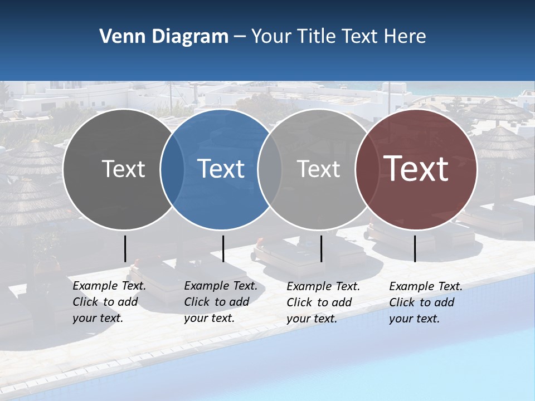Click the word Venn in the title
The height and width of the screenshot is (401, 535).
coord(118,37)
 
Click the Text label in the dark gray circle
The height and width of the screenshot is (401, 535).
coord(123,169)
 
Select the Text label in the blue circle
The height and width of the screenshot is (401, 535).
coord(221,169)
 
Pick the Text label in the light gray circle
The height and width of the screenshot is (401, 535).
coord(318,169)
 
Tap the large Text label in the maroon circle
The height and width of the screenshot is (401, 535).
coord(416,169)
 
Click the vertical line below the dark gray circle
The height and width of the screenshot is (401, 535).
coord(125,248)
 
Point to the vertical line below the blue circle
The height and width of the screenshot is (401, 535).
coord(223,248)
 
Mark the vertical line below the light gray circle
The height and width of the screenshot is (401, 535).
coord(321,248)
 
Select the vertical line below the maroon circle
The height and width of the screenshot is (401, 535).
coord(415,248)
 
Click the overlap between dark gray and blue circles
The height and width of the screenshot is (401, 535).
coord(172,169)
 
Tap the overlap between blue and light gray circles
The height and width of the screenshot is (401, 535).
coord(270,169)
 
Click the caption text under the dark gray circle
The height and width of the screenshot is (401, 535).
coord(109,302)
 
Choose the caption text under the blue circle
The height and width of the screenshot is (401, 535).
coord(220,302)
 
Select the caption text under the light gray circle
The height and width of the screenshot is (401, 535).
coord(323,302)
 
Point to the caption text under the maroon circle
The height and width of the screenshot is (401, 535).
coord(425,302)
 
